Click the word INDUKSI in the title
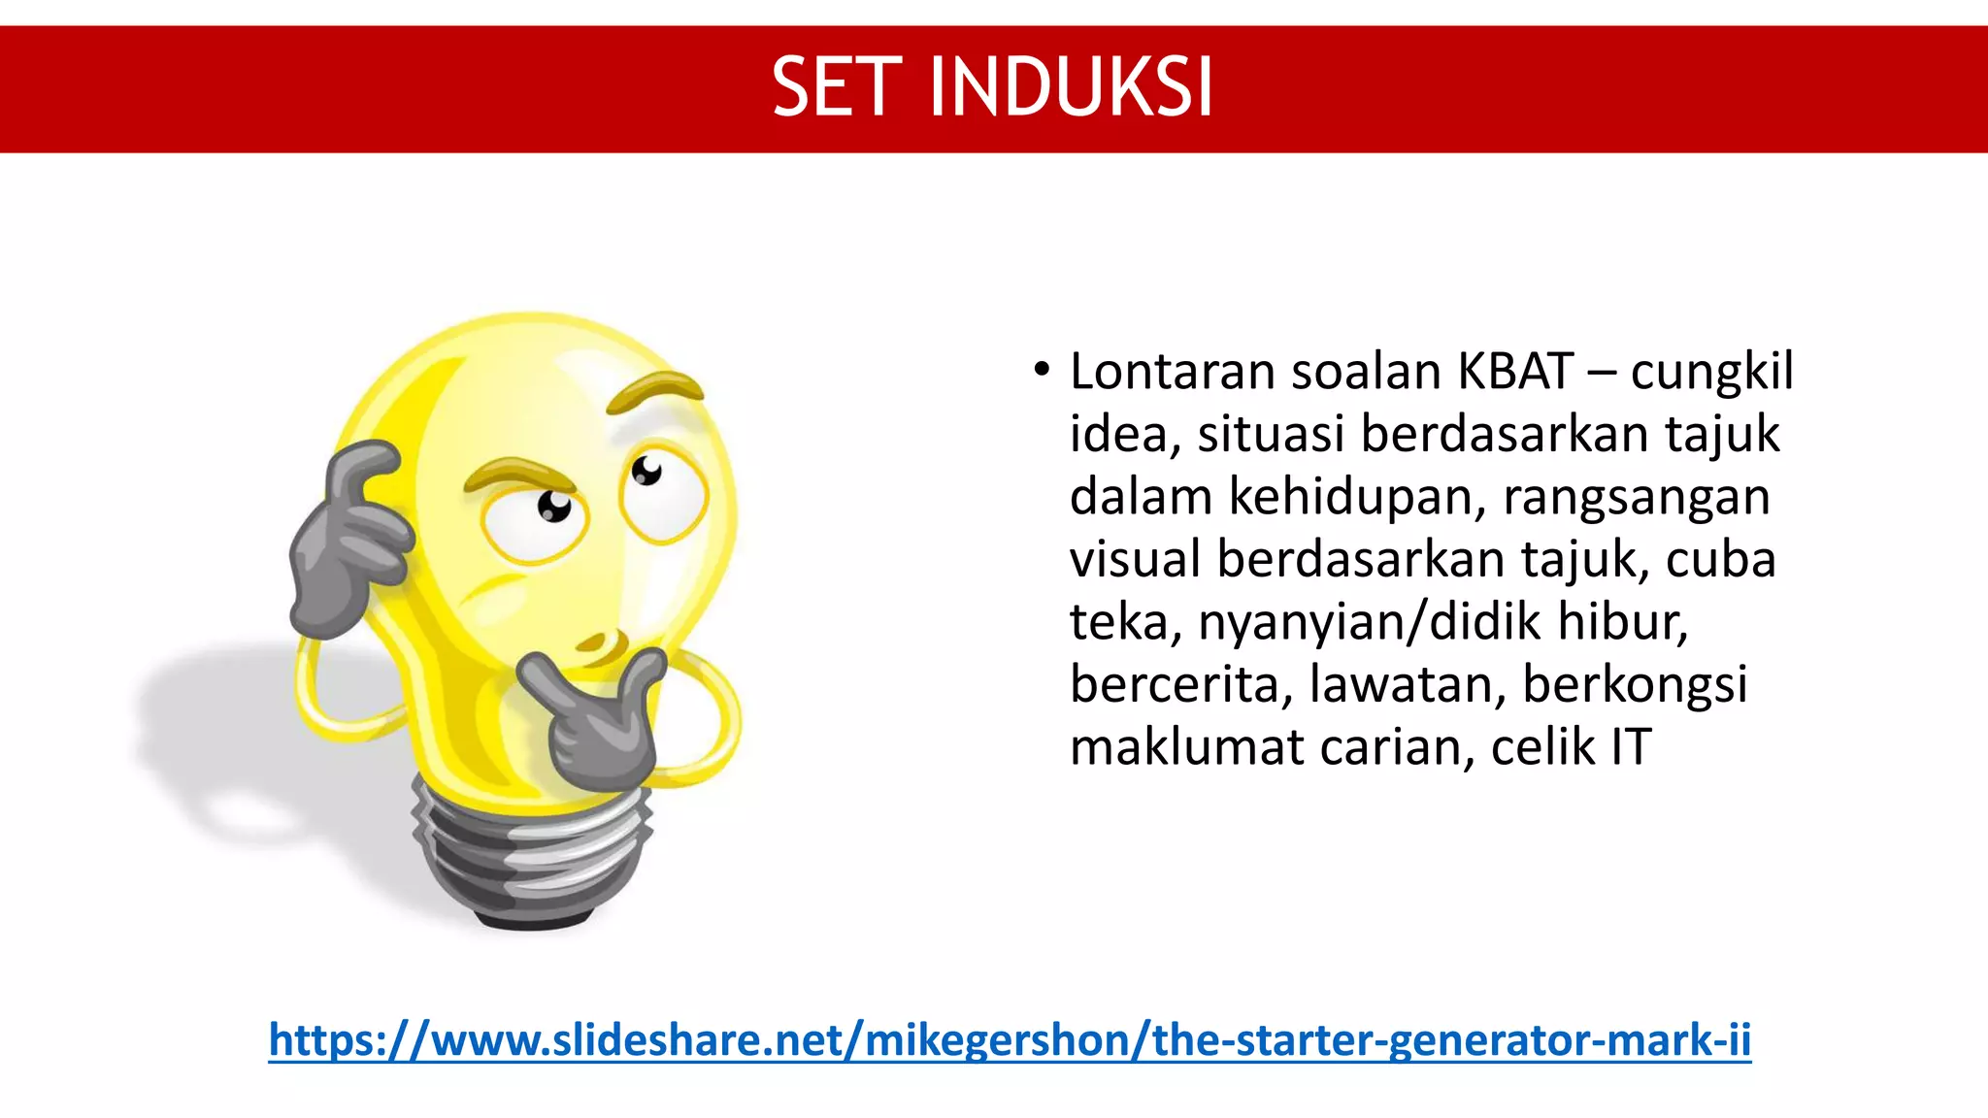pyautogui.click(x=1071, y=87)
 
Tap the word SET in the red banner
pyautogui.click(x=836, y=87)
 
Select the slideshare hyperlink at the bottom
pyautogui.click(x=1010, y=1039)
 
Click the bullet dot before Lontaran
pyautogui.click(x=1042, y=370)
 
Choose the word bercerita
pyautogui.click(x=1181, y=684)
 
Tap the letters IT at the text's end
pyautogui.click(x=1631, y=747)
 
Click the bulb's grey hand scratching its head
pyautogui.click(x=349, y=543)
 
